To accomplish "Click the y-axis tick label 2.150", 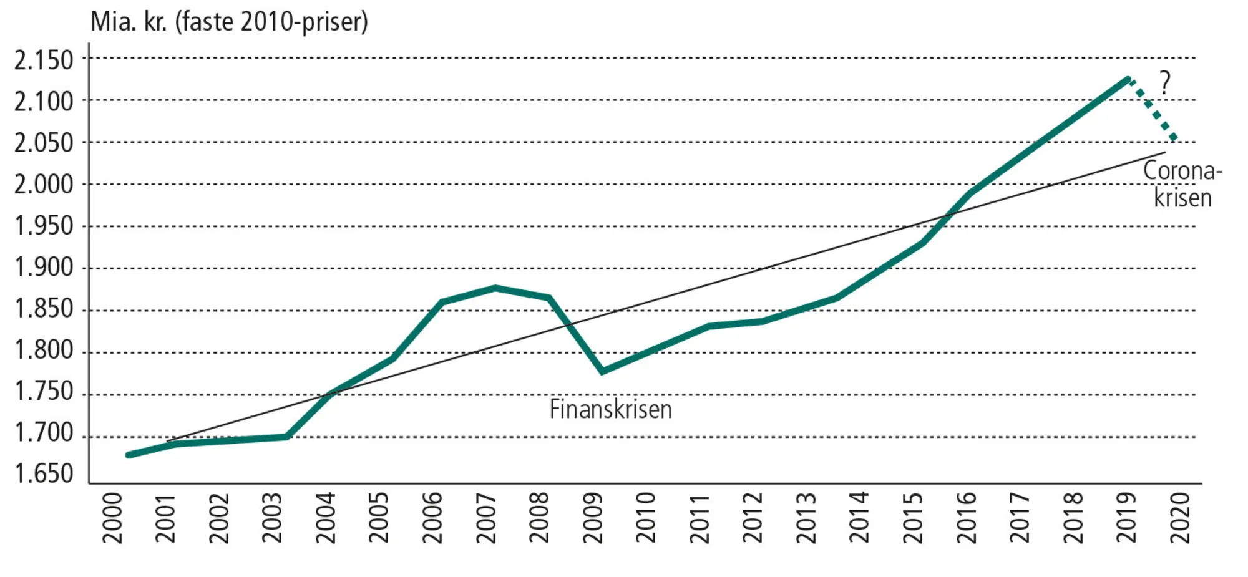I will coord(44,61).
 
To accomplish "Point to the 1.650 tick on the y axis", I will coord(44,474).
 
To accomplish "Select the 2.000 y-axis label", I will coord(44,185).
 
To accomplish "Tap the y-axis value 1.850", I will coord(44,309).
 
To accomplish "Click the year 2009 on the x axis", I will coord(592,518).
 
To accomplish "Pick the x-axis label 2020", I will coord(1180,518).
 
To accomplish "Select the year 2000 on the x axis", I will coord(112,518).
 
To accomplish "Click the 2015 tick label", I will coord(913,518).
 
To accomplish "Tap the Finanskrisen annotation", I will coord(610,410).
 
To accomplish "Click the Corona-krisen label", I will coord(1182,184).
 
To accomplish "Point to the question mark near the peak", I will coord(1164,82).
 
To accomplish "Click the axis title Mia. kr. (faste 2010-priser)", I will coord(229,22).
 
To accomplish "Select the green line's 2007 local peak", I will coord(495,288).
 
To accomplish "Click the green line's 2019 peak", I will coord(1128,79).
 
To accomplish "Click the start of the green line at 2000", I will coord(129,455).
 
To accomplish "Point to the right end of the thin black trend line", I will coord(1164,152).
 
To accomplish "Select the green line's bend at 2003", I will coord(287,437).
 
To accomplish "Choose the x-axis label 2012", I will coord(753,518).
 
